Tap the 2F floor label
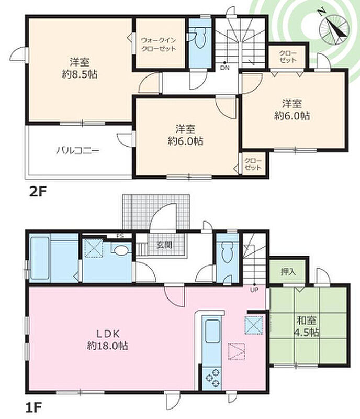(x=38, y=191)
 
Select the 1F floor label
(x=33, y=408)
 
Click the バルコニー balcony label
(x=78, y=151)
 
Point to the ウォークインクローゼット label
(x=159, y=45)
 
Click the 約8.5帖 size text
(x=80, y=74)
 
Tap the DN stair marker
(x=224, y=68)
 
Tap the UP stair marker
(x=254, y=290)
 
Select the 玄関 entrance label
(x=164, y=245)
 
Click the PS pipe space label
(x=120, y=236)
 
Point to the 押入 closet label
(x=288, y=272)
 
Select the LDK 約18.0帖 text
(x=108, y=339)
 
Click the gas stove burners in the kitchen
(x=212, y=378)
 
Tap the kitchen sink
(x=212, y=332)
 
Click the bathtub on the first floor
(x=40, y=258)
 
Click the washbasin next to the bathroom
(x=121, y=250)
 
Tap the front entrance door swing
(x=163, y=216)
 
